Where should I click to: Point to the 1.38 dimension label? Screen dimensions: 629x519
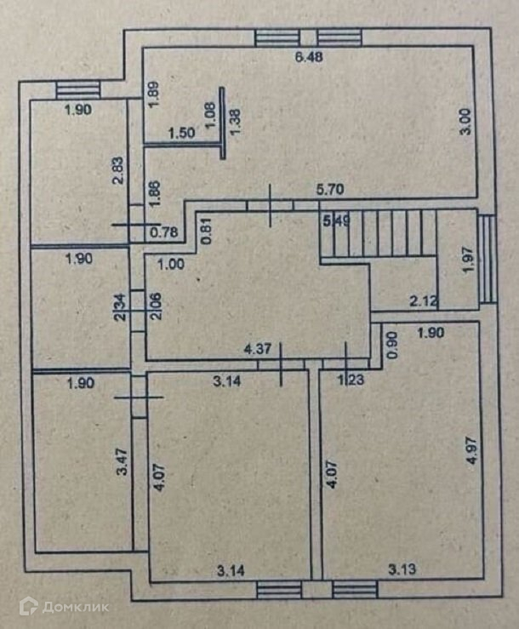(236, 114)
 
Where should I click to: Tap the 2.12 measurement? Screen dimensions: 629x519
(423, 300)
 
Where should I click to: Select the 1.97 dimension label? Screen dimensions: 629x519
(465, 259)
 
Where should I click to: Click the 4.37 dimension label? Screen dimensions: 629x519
(258, 348)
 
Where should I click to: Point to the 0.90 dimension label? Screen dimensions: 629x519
(392, 342)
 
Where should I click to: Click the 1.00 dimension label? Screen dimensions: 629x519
(170, 264)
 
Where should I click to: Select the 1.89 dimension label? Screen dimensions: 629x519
(152, 94)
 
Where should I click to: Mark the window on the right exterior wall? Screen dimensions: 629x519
(488, 258)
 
